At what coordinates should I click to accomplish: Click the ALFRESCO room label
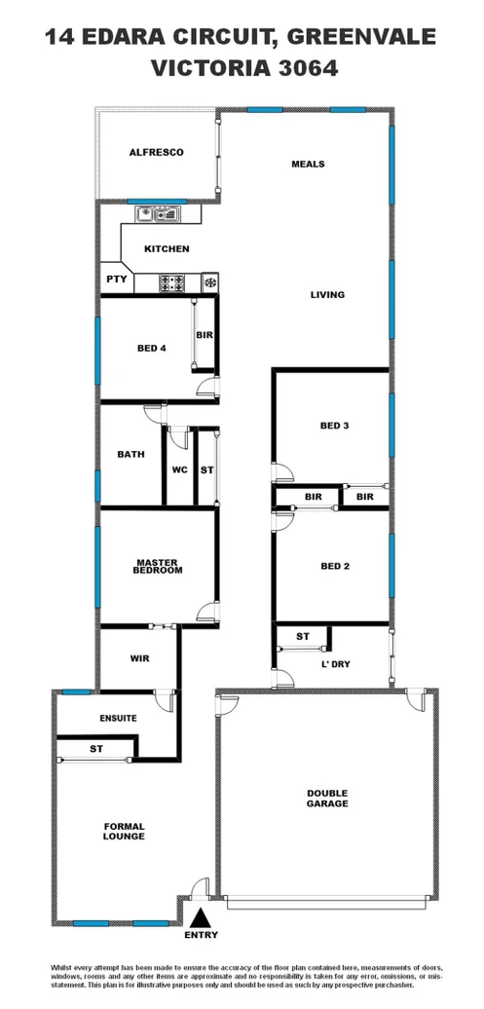pyautogui.click(x=156, y=153)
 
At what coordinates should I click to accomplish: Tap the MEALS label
pyautogui.click(x=308, y=164)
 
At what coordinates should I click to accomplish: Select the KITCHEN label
pyautogui.click(x=167, y=249)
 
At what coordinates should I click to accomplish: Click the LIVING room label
pyautogui.click(x=328, y=295)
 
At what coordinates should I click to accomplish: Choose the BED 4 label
pyautogui.click(x=151, y=348)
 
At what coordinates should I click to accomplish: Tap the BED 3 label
pyautogui.click(x=334, y=426)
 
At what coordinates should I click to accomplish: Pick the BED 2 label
pyautogui.click(x=334, y=566)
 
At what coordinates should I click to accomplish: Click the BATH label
pyautogui.click(x=131, y=454)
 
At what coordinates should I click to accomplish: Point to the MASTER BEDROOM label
pyautogui.click(x=159, y=567)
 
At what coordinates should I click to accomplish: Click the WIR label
pyautogui.click(x=139, y=658)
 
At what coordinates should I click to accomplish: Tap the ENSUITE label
pyautogui.click(x=118, y=718)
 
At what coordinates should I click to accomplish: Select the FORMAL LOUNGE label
pyautogui.click(x=124, y=831)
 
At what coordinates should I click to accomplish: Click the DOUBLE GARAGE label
pyautogui.click(x=326, y=799)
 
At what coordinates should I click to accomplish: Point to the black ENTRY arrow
pyautogui.click(x=200, y=916)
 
